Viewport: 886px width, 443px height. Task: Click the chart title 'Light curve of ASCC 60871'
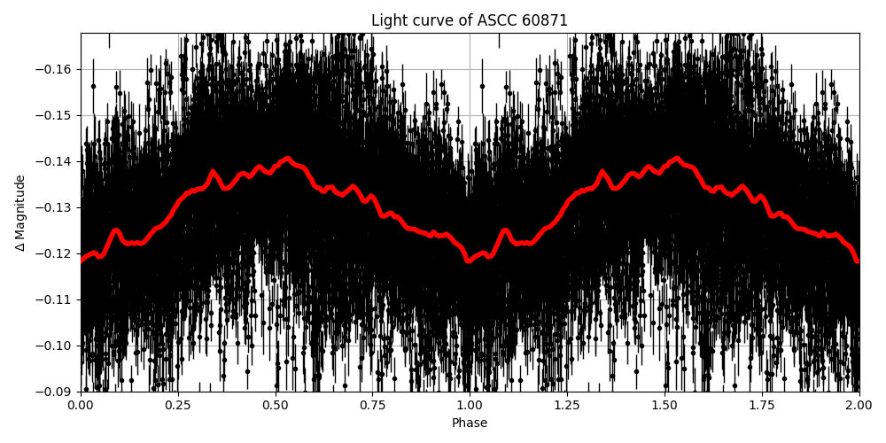[470, 20]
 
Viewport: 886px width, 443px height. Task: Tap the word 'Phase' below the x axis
[470, 424]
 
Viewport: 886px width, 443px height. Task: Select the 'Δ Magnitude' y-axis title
[20, 213]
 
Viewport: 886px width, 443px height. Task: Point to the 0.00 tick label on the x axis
[81, 406]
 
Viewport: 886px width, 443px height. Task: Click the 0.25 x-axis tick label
[178, 406]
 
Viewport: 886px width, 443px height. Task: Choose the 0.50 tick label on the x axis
[276, 406]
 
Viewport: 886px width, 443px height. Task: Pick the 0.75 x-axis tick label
[373, 406]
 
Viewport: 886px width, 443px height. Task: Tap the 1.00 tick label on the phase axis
[470, 406]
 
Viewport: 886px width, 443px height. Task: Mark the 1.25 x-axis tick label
[567, 406]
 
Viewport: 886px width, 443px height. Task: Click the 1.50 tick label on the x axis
[664, 406]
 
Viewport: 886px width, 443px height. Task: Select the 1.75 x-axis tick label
[762, 406]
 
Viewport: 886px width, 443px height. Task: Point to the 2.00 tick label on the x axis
[859, 406]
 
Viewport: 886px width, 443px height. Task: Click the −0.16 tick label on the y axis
[57, 70]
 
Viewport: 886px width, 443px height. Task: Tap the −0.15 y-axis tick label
[57, 116]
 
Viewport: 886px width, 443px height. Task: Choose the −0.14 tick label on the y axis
[57, 162]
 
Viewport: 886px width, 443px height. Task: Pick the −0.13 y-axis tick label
[57, 208]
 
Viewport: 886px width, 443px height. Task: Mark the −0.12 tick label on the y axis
[57, 254]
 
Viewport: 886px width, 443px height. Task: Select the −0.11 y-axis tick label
[57, 300]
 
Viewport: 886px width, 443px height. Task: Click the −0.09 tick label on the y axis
[57, 392]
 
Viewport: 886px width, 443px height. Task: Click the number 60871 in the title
[545, 20]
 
